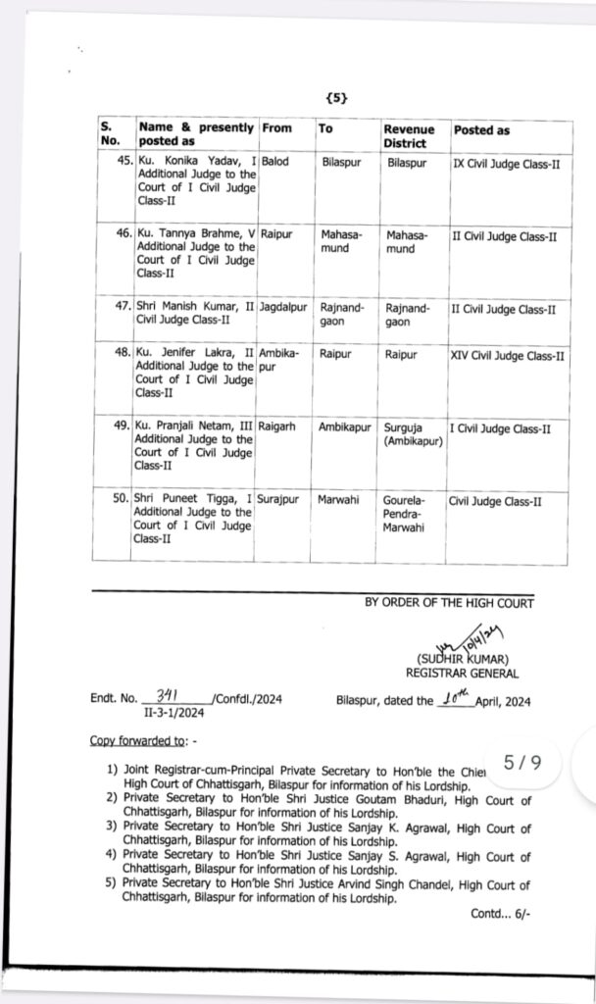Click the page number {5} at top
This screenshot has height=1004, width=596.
(x=334, y=98)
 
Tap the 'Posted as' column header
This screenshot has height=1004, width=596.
(x=481, y=130)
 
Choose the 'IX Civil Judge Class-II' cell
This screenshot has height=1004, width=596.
(x=506, y=163)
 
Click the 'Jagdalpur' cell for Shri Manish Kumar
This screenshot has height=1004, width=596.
(x=282, y=308)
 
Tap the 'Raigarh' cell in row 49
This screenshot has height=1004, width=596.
(x=279, y=428)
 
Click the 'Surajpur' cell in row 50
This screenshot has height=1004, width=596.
(x=280, y=501)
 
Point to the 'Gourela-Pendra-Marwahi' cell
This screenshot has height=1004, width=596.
(x=407, y=515)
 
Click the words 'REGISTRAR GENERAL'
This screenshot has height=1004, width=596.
(x=463, y=673)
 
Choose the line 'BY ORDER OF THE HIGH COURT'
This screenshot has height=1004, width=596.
(x=449, y=603)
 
